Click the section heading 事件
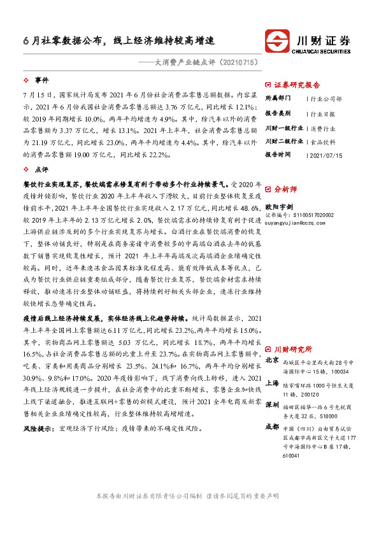coord(41,81)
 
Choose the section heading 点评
coord(41,170)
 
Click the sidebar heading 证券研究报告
coord(297,84)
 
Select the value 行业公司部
coord(325,99)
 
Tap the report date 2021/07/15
coord(325,155)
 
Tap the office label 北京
coord(272,360)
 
